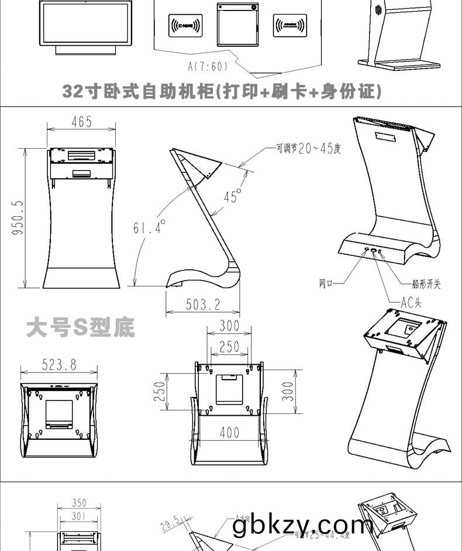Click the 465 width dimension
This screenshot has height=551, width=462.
[81, 122]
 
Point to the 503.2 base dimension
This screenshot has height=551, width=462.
[203, 304]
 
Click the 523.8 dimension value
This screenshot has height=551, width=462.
[58, 364]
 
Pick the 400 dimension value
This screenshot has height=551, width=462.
[230, 433]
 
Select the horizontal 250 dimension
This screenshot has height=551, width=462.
[229, 347]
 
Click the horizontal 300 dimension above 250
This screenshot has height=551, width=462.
[229, 326]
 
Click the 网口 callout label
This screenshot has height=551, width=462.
[326, 284]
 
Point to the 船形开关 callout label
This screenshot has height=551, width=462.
[426, 284]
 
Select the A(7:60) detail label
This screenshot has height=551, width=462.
[208, 66]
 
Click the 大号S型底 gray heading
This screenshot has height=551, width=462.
[81, 328]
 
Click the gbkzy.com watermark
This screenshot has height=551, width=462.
[302, 525]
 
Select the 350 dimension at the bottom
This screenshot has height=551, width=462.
[79, 503]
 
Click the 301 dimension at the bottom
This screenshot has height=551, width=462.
[79, 516]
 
